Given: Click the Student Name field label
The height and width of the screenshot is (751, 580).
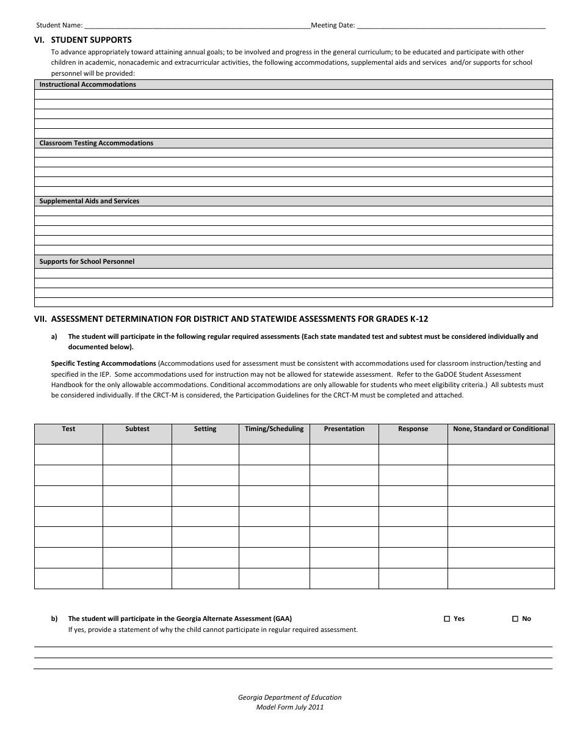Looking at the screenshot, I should (59, 26).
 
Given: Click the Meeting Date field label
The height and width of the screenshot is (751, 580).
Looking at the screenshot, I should (333, 26).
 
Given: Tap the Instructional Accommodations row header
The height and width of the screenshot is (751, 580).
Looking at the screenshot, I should (87, 84).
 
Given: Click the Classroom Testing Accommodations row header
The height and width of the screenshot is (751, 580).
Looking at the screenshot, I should (96, 143).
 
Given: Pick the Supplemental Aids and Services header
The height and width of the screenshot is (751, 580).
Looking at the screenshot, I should (89, 201).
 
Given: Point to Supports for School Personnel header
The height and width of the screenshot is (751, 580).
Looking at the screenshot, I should (87, 261).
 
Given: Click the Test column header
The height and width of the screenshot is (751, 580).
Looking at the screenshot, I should (68, 429).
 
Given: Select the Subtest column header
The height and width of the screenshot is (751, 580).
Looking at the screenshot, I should (137, 429).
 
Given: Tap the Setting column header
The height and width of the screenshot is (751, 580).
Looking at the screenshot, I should (205, 429).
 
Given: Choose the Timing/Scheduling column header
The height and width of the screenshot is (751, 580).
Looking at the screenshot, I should (274, 429).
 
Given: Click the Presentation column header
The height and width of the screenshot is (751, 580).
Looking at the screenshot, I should (344, 429).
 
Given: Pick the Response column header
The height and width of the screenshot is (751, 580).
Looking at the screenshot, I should (413, 429).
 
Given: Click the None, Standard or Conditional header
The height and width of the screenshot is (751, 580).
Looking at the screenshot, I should (501, 429).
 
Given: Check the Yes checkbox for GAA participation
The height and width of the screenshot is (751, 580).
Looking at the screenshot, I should (447, 619).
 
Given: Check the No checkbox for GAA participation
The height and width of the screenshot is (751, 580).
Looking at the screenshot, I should (515, 619).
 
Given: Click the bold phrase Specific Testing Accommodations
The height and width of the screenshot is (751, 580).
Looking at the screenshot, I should (103, 363).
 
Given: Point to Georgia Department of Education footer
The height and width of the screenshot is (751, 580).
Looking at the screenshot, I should (290, 697).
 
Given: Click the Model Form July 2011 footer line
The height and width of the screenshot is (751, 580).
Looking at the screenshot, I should (290, 707).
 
